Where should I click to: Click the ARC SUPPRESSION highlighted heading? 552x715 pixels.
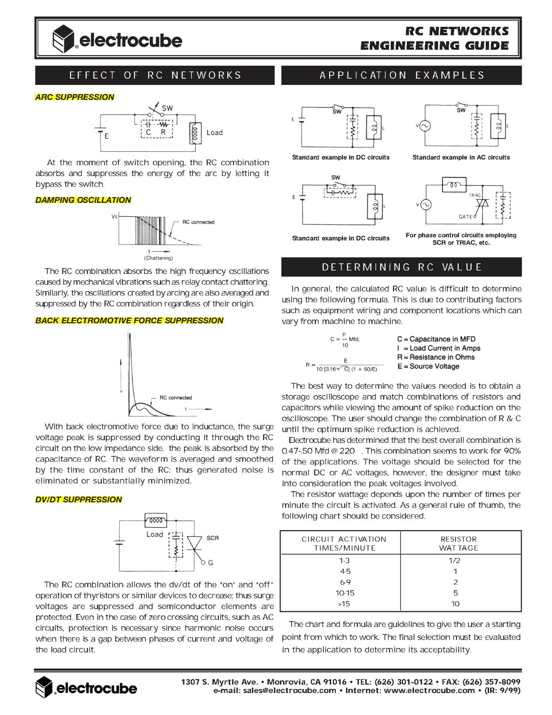tap(75, 97)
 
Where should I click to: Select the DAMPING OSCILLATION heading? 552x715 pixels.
tap(83, 200)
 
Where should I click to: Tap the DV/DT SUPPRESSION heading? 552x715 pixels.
tap(79, 499)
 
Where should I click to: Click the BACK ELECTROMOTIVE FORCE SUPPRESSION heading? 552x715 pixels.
tap(130, 320)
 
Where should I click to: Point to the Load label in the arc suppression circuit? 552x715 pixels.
tap(214, 133)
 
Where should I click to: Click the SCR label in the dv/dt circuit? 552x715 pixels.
tap(213, 538)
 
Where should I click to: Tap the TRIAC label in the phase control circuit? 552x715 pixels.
tap(475, 195)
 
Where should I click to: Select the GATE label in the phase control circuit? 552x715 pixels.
tap(465, 217)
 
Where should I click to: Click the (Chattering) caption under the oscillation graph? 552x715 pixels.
tap(158, 258)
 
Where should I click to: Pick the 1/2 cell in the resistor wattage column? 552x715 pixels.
tap(455, 560)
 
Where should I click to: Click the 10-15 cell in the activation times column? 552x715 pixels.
tap(344, 593)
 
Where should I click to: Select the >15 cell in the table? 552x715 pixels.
tap(344, 604)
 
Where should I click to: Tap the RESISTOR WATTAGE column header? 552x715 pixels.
tap(459, 543)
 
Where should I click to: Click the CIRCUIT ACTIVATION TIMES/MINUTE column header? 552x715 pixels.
tap(344, 543)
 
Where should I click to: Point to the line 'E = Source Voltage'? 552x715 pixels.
tap(428, 366)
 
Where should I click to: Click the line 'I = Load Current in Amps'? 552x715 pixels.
tap(439, 348)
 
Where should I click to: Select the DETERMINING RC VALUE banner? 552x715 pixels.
tap(401, 267)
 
